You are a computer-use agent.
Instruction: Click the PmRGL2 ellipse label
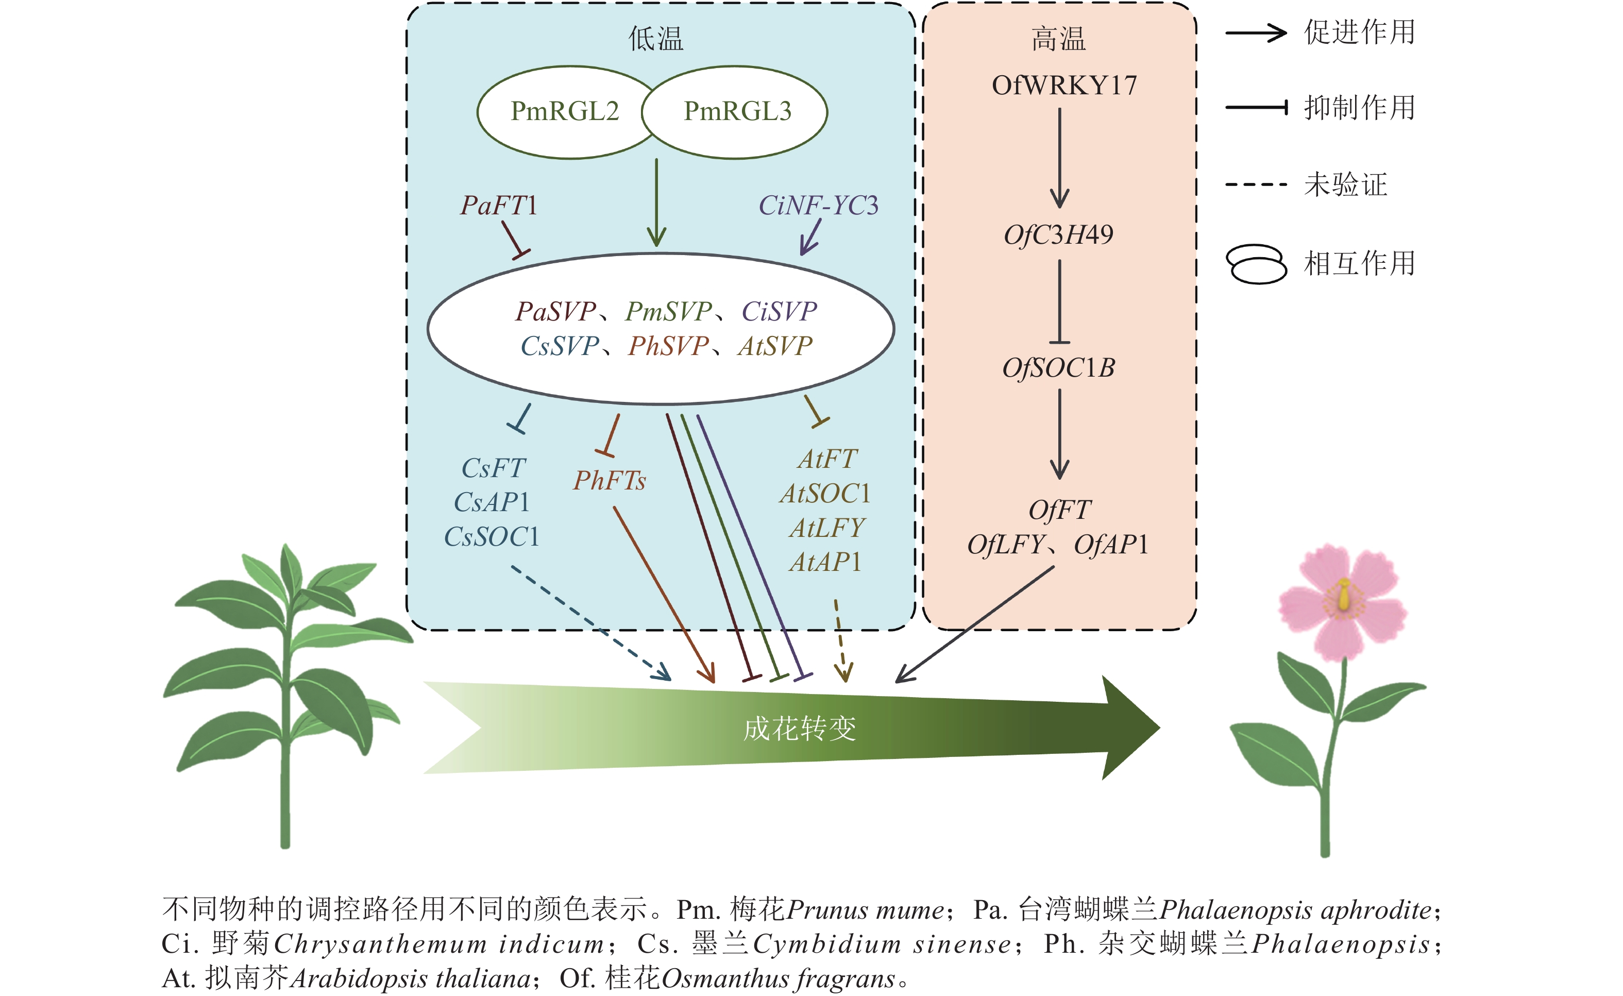click(x=565, y=111)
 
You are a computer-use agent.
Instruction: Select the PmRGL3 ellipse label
click(x=737, y=111)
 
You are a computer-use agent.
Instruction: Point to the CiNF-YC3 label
click(x=818, y=206)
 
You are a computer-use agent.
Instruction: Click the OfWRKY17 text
click(x=1064, y=86)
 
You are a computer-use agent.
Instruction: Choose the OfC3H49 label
click(x=1058, y=234)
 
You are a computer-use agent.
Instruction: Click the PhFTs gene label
click(x=610, y=480)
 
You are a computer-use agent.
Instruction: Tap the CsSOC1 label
click(x=492, y=537)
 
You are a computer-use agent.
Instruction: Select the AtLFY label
click(x=826, y=528)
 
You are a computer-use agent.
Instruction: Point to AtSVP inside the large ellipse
click(x=775, y=346)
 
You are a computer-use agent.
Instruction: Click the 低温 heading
click(x=655, y=39)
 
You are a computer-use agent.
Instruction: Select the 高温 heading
click(x=1058, y=39)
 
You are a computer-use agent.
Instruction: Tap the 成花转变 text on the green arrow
click(x=800, y=729)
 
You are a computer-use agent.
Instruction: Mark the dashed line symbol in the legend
click(x=1256, y=184)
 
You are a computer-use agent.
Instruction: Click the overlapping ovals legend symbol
click(x=1256, y=263)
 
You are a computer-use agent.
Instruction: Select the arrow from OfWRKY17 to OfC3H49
click(x=1059, y=158)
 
